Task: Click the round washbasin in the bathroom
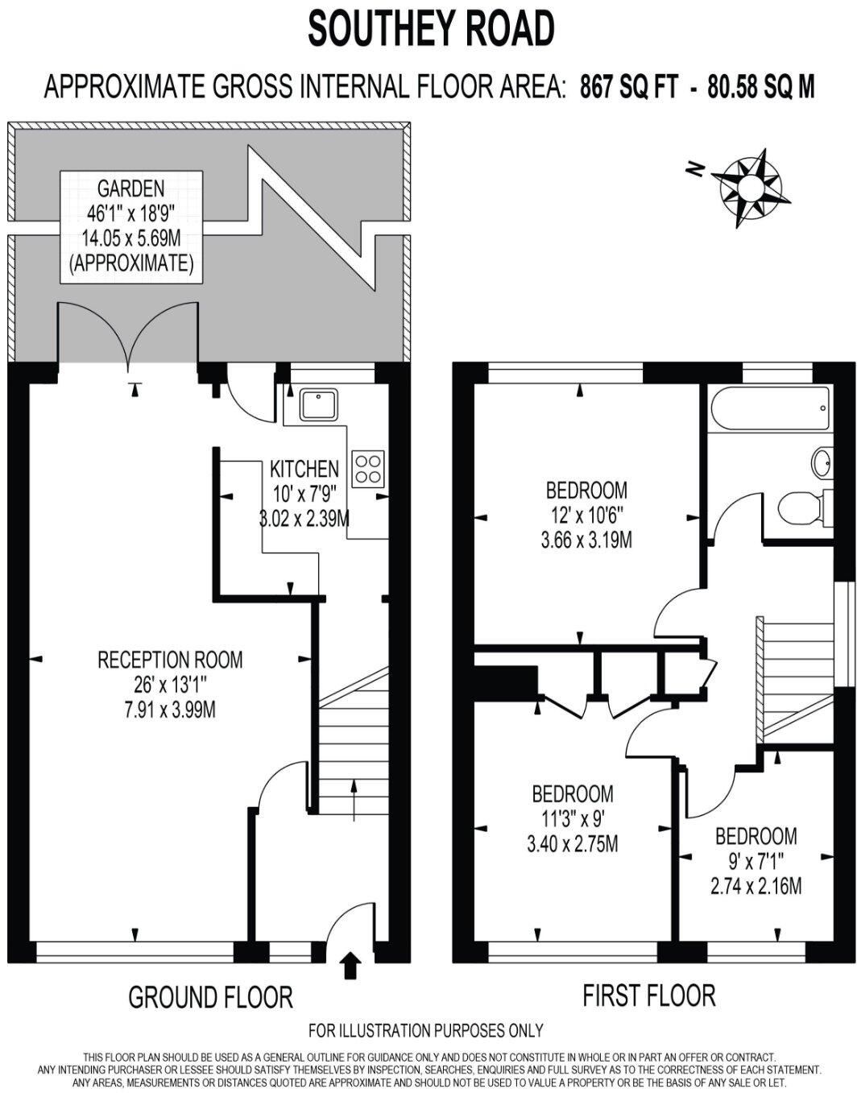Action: pos(822,463)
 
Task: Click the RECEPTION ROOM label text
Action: pos(170,660)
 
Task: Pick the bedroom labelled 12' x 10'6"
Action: pos(586,514)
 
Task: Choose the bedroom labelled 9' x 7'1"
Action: pos(756,860)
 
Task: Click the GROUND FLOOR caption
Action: pos(210,997)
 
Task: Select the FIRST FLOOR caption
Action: pos(648,996)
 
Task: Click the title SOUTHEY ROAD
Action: pos(431,30)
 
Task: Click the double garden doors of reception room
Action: pos(128,334)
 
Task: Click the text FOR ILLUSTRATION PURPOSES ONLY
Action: pos(426,1030)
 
